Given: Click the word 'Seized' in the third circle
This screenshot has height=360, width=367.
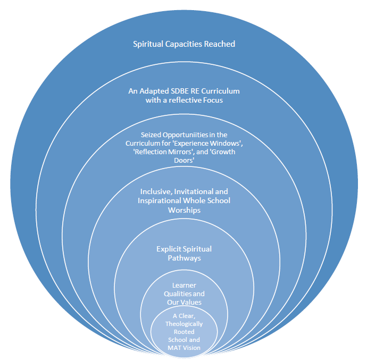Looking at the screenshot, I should (x=151, y=135).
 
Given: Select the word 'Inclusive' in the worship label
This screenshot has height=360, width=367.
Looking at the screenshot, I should (x=155, y=191).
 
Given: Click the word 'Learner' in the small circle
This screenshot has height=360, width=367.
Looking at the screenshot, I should (x=183, y=286).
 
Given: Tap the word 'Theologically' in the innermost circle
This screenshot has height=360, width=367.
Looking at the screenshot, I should (x=183, y=324).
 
